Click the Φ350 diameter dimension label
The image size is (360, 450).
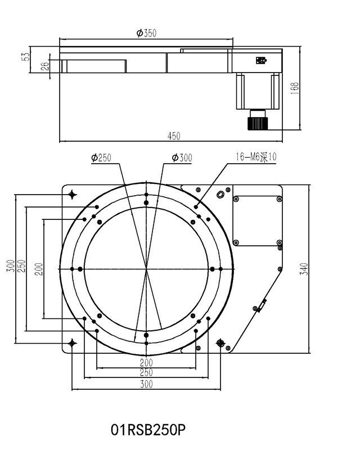tap(146, 33)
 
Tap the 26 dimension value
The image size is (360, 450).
tap(46, 65)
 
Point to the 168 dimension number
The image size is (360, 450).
tap(295, 87)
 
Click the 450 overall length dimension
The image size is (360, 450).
tap(174, 136)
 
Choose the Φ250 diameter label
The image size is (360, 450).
tap(101, 158)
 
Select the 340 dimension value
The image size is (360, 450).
tap(304, 268)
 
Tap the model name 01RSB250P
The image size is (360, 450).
tap(148, 430)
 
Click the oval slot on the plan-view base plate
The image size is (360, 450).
tap(220, 195)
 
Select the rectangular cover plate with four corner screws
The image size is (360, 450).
tap(257, 220)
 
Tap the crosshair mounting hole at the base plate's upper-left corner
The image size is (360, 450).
tap(72, 195)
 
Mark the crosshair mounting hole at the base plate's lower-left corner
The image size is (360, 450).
tap(72, 343)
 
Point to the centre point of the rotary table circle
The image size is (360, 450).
tap(146, 268)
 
